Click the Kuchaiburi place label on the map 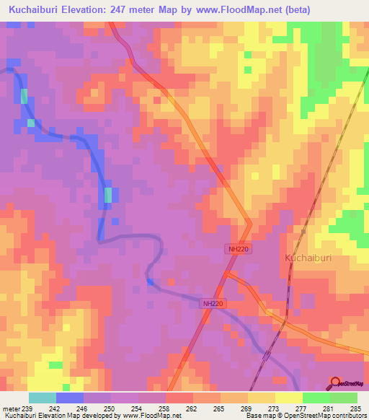click(306, 258)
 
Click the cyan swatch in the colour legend click(43, 398)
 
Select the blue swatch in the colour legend click(70, 398)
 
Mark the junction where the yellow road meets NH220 click(227, 274)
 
